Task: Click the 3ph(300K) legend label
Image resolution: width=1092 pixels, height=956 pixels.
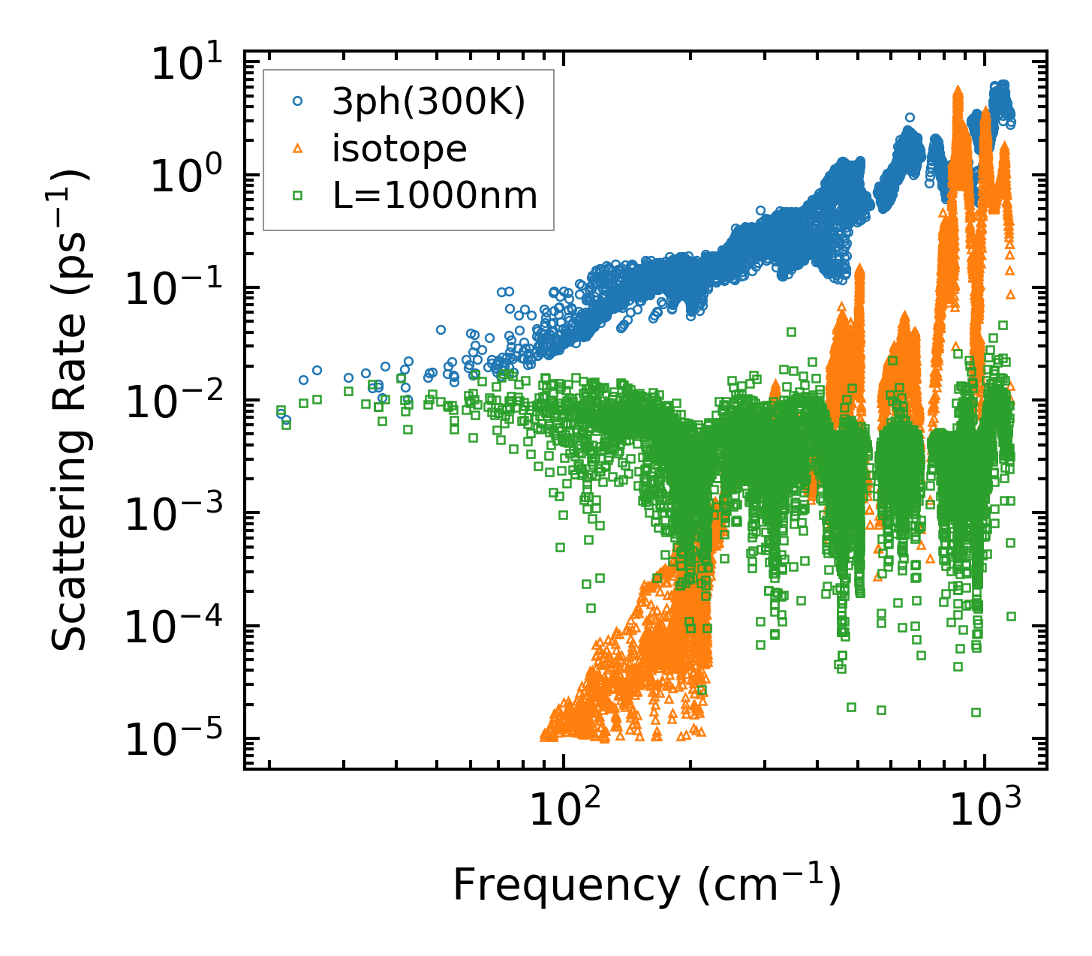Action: click(x=429, y=102)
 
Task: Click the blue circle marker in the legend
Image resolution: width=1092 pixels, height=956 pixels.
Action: click(x=298, y=101)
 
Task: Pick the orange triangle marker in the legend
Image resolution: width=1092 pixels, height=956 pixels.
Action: click(x=298, y=149)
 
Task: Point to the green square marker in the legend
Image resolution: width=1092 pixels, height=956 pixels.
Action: click(x=298, y=196)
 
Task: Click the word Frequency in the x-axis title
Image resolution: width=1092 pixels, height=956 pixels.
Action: click(x=566, y=885)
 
